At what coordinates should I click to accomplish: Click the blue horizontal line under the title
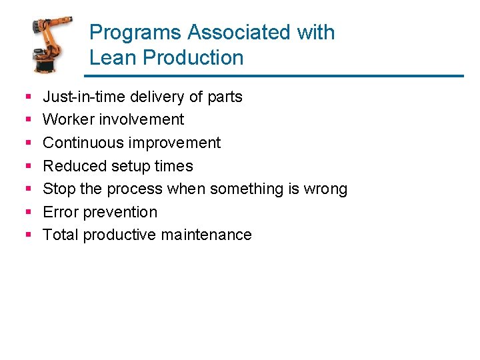tap(276, 76)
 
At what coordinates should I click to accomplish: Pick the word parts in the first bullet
tap(225, 97)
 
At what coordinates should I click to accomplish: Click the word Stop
tap(59, 189)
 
